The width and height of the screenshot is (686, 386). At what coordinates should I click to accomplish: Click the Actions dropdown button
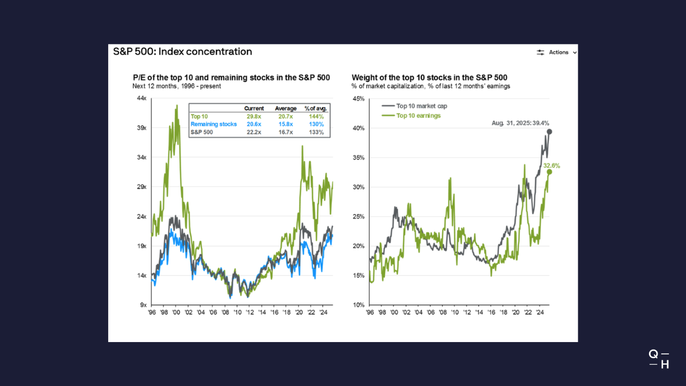click(557, 53)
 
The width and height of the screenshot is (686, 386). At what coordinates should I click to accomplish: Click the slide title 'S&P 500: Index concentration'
click(182, 52)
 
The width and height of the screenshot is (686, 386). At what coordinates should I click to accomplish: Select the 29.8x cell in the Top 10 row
click(254, 116)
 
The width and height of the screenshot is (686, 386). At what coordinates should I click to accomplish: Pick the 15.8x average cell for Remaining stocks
click(286, 124)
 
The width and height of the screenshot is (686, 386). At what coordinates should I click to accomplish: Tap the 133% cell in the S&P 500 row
click(316, 132)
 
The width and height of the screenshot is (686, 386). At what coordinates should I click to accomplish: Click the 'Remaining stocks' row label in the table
click(213, 124)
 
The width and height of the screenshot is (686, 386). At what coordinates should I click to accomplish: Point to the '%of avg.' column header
click(316, 108)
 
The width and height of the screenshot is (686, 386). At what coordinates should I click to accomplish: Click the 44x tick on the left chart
click(142, 99)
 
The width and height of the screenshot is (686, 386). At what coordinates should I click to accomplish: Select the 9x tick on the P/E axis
click(144, 305)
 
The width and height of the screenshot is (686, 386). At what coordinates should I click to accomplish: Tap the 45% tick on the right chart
click(358, 99)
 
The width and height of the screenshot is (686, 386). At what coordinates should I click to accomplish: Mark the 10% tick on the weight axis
click(358, 305)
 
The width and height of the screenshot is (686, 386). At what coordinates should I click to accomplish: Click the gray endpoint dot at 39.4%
click(549, 132)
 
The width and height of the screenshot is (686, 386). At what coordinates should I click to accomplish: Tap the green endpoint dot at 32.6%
click(549, 172)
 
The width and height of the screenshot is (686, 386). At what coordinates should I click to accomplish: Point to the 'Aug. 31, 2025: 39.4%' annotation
click(520, 123)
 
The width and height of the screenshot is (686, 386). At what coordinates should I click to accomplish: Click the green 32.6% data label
click(551, 166)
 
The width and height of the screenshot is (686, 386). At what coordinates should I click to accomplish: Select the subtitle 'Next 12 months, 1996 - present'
click(176, 86)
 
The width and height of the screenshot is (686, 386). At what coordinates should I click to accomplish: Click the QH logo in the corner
click(659, 359)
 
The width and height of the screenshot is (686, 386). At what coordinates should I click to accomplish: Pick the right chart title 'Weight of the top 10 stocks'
click(429, 78)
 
